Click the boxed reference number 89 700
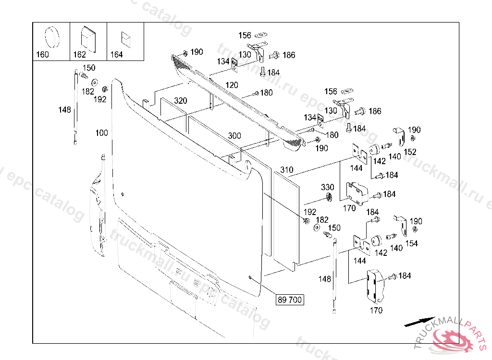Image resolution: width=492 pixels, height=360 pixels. (290, 300)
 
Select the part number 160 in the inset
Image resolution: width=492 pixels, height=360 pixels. (43, 55)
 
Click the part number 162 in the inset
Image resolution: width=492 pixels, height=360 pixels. (80, 55)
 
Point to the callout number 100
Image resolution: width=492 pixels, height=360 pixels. (102, 133)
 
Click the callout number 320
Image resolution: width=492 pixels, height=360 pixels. (181, 101)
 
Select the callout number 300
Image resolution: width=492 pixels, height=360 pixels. (234, 136)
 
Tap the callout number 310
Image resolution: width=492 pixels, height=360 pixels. (286, 170)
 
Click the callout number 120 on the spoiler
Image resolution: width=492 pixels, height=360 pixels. (232, 85)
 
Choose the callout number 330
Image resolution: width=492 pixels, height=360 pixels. (328, 187)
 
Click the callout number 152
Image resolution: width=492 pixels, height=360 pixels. (410, 152)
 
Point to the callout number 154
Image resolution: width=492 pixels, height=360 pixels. (411, 243)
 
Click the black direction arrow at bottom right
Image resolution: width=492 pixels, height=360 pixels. (418, 322)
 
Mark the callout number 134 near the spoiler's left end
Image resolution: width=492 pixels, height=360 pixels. (223, 61)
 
